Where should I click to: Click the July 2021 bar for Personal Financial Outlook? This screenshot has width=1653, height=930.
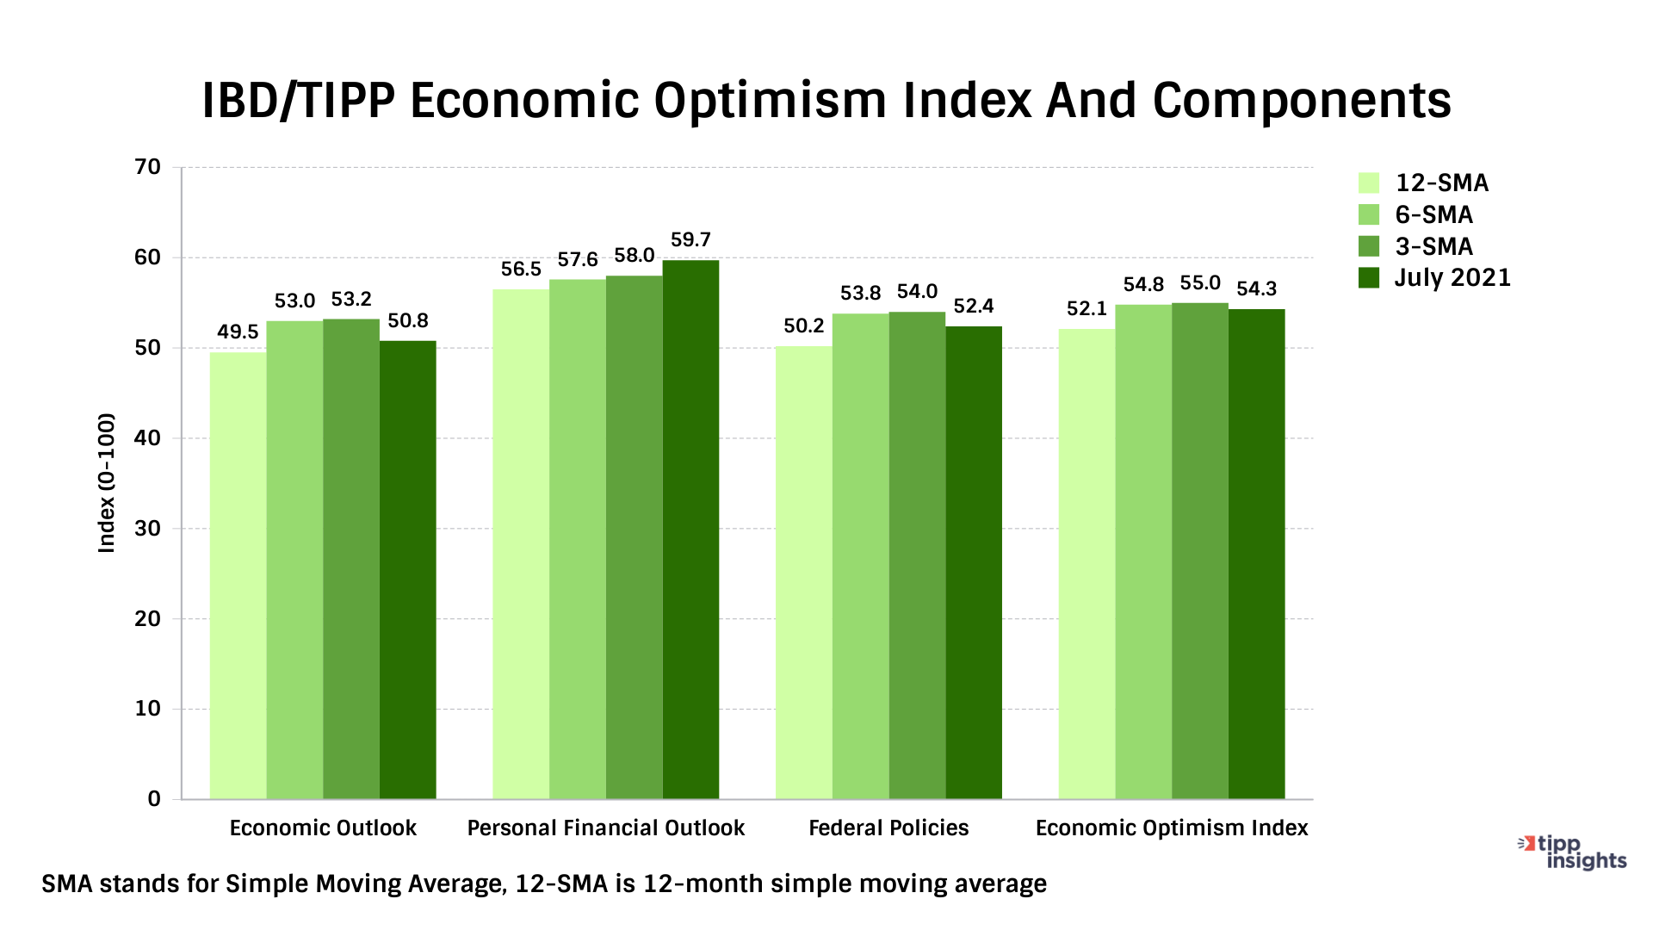point(690,530)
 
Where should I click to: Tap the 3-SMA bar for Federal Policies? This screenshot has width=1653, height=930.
point(917,555)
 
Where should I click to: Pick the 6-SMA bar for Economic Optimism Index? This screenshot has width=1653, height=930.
point(1143,552)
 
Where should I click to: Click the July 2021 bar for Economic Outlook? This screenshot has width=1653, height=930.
point(407,570)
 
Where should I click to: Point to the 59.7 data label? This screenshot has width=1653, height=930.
point(690,239)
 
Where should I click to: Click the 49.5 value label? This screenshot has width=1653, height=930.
point(238,332)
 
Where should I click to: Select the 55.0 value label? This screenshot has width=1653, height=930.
point(1200,283)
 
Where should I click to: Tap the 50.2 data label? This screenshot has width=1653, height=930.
point(803,326)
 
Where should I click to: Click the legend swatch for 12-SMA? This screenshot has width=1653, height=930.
point(1369,183)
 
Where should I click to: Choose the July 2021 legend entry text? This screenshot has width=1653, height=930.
point(1452,278)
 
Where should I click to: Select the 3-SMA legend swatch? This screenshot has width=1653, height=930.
point(1369,246)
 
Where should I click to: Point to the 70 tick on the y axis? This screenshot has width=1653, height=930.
point(148,167)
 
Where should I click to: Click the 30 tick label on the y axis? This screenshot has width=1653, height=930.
point(148,529)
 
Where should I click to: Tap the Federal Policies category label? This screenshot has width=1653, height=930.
point(888,828)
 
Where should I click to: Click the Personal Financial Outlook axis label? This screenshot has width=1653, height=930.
point(605,828)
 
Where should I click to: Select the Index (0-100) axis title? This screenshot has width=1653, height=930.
point(107,483)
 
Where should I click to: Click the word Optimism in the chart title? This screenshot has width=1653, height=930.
point(770,101)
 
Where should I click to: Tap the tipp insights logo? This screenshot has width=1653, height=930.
point(1574,852)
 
